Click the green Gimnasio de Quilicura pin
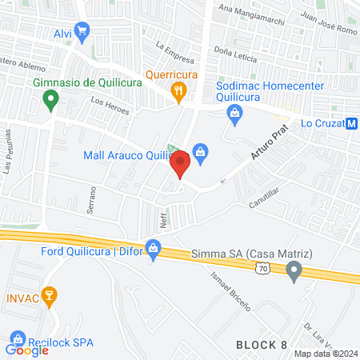click(50, 101)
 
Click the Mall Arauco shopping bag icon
click(201, 150)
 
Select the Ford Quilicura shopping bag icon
click(153, 248)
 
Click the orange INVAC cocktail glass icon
click(50, 296)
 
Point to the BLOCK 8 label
click(262, 343)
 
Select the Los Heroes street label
click(110, 106)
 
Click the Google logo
click(26, 350)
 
